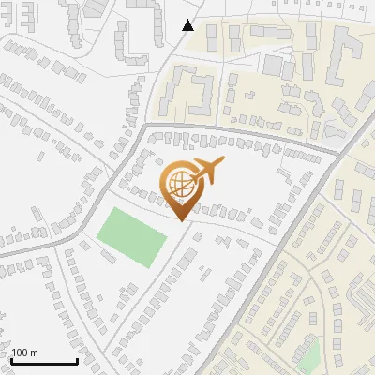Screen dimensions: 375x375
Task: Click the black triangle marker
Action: coord(188,25)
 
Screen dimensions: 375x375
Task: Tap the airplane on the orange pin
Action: coord(205,172)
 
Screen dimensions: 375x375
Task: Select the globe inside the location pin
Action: coord(180,186)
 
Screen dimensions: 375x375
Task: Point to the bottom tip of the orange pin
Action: coord(181,221)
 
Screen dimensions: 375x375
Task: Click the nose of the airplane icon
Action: coord(222,162)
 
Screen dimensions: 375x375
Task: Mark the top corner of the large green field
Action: coord(112,209)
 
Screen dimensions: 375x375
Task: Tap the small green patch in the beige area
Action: coord(308,355)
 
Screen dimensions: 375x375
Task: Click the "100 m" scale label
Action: coord(24,352)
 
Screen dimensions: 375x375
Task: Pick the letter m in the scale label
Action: coord(34,352)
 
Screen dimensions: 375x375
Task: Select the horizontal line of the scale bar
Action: coord(43,362)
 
